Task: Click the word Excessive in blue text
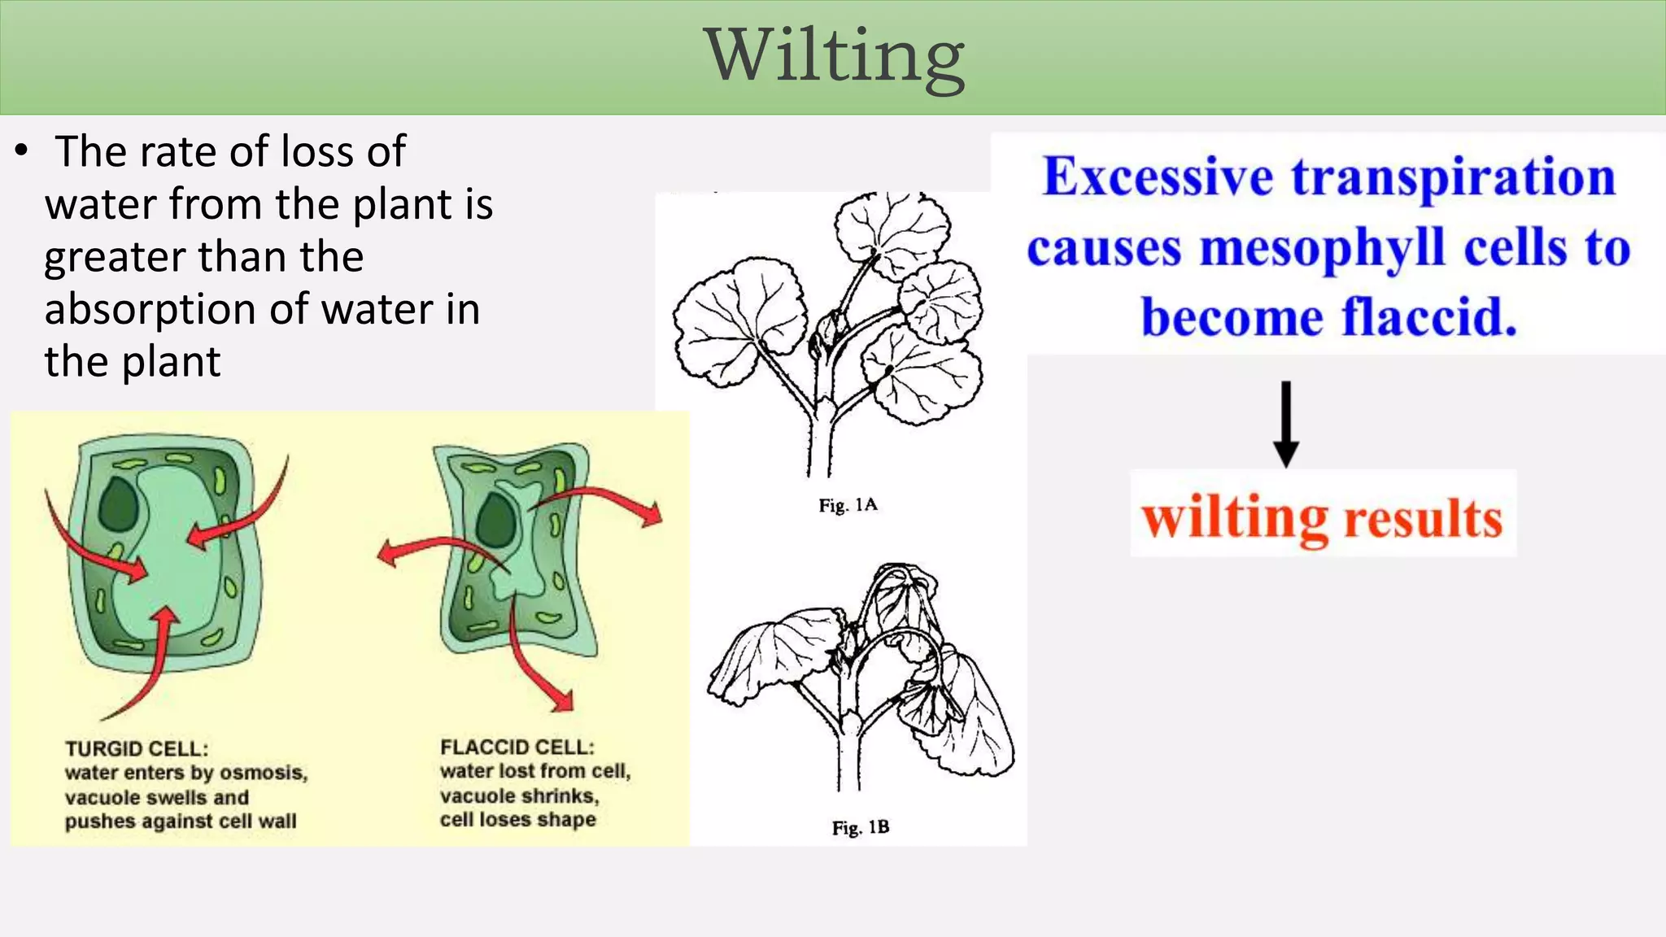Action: pyautogui.click(x=1158, y=177)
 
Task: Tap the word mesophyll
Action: pyautogui.click(x=1322, y=248)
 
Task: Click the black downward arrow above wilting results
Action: pyautogui.click(x=1285, y=423)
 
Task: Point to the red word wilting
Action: pyautogui.click(x=1234, y=519)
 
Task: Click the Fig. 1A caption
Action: pyautogui.click(x=848, y=505)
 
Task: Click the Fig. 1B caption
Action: pyautogui.click(x=860, y=827)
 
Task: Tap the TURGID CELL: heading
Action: pyautogui.click(x=136, y=748)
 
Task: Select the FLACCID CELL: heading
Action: pyautogui.click(x=517, y=747)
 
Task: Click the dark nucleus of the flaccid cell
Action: pyautogui.click(x=495, y=520)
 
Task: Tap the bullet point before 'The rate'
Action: pyautogui.click(x=22, y=152)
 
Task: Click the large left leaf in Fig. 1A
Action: pyautogui.click(x=736, y=325)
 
